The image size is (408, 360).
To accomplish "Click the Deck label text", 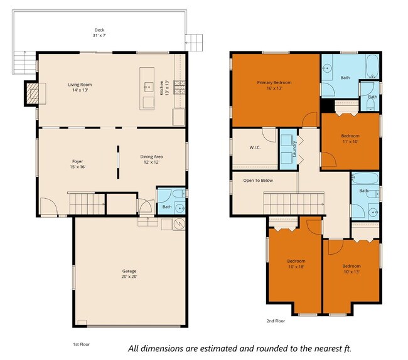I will [99, 33].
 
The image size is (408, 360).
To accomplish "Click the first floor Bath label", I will [167, 206].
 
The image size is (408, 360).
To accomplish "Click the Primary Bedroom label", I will [274, 86].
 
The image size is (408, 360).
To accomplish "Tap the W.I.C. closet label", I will [255, 148].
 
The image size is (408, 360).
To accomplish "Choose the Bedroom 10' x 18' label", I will [296, 264].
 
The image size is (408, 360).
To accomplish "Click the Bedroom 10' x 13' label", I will [352, 268].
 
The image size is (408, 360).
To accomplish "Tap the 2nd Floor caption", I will [276, 320].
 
